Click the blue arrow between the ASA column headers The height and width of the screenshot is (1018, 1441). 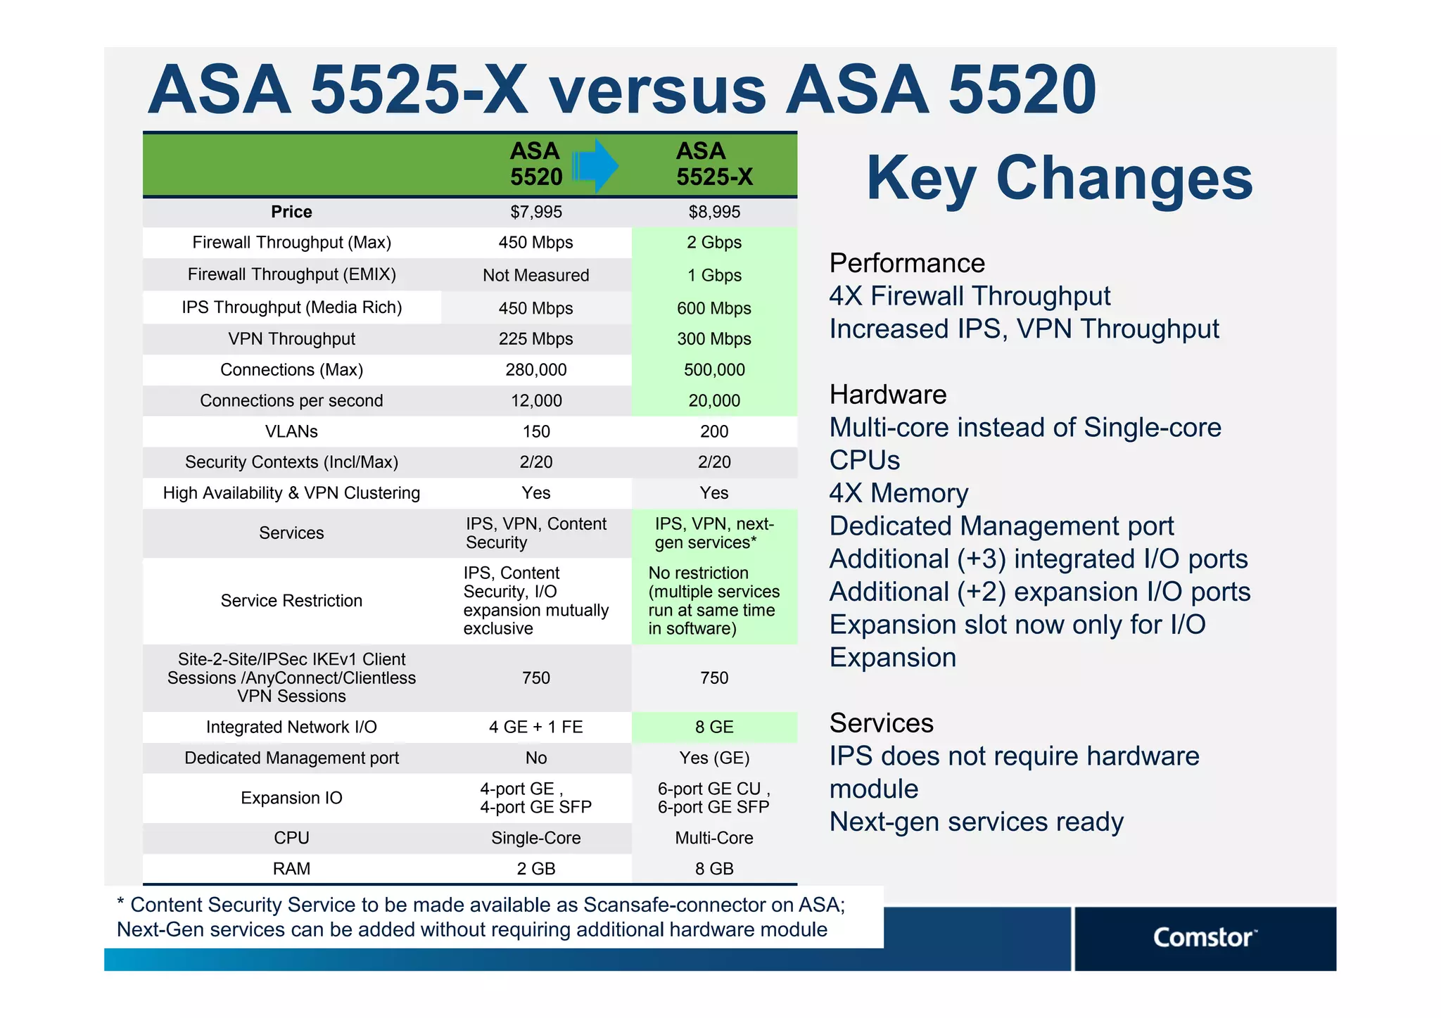595,166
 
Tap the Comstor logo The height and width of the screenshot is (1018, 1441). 1204,938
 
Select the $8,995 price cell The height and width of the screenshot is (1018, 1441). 713,212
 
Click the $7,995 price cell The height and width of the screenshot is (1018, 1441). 535,212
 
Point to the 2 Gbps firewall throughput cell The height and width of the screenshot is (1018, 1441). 713,243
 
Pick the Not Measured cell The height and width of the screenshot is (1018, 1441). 535,275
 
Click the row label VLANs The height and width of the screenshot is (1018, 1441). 291,431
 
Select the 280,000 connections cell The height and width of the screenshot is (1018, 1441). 535,370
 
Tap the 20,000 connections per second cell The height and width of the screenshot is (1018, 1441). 713,401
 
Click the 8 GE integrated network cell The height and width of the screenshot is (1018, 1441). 713,727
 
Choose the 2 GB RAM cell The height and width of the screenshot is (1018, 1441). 535,869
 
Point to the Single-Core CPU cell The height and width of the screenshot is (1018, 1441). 535,838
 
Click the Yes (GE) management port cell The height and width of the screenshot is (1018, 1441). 713,758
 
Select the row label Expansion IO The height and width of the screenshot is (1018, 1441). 291,798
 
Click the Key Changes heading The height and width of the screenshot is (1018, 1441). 1059,178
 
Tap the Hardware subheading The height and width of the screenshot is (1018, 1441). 888,395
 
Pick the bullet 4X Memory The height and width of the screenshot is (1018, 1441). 899,493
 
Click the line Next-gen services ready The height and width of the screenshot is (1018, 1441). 976,822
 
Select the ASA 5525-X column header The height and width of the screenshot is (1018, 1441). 713,164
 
